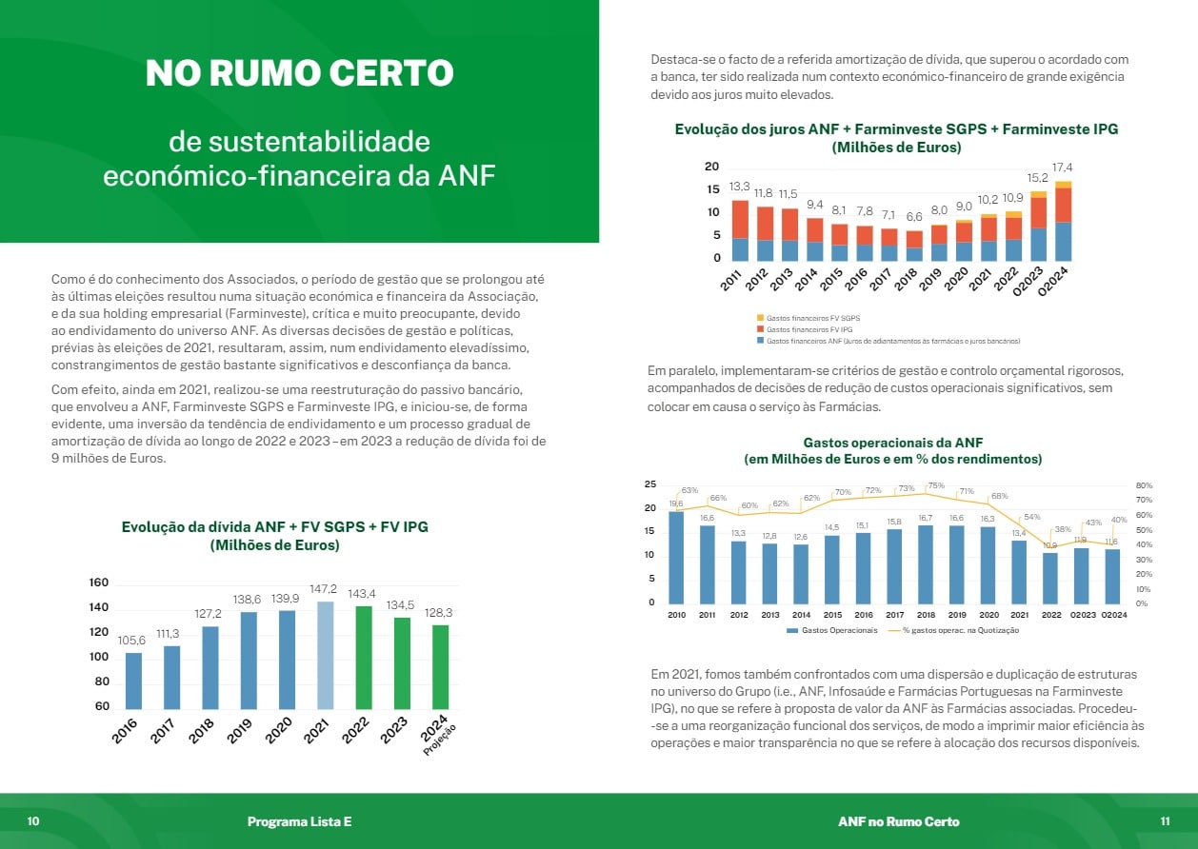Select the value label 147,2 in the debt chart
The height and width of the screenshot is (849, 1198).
click(326, 589)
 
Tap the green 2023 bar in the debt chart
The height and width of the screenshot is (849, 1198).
click(403, 662)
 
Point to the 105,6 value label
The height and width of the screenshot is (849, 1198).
click(133, 640)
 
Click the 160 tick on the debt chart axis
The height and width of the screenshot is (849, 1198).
click(99, 582)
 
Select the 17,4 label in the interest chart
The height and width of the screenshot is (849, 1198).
click(1062, 168)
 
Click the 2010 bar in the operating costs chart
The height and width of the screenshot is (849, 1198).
click(676, 557)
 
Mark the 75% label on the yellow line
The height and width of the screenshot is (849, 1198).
click(935, 485)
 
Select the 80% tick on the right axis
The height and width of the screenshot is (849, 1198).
click(1144, 484)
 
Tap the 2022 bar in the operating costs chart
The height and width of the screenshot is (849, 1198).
click(1050, 577)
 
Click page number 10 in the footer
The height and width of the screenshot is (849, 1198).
click(33, 821)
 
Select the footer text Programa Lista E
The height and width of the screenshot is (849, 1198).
click(299, 821)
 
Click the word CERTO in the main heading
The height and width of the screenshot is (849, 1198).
click(386, 73)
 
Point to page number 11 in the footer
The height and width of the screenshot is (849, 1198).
click(1165, 821)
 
